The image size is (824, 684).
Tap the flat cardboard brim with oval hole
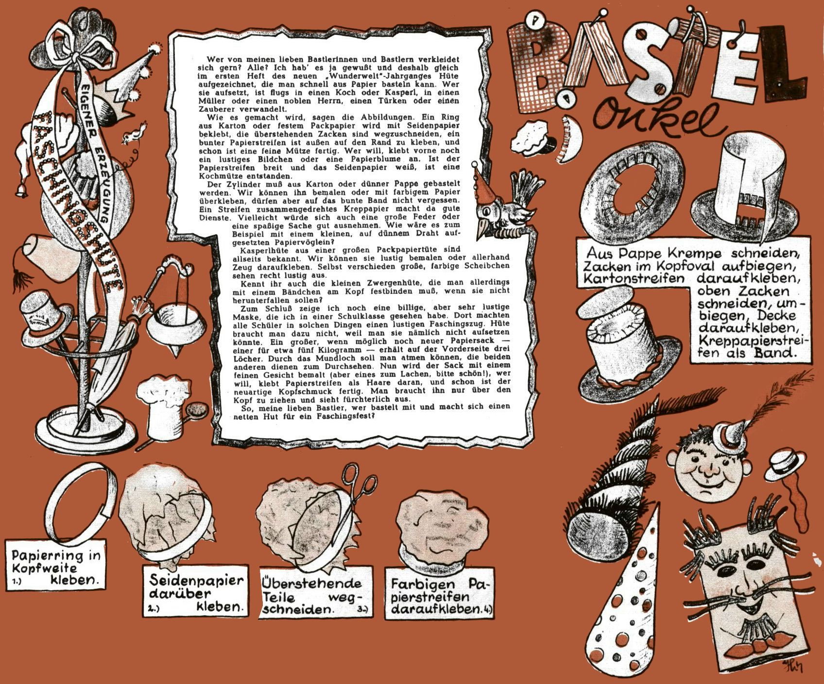click(x=632, y=185)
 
